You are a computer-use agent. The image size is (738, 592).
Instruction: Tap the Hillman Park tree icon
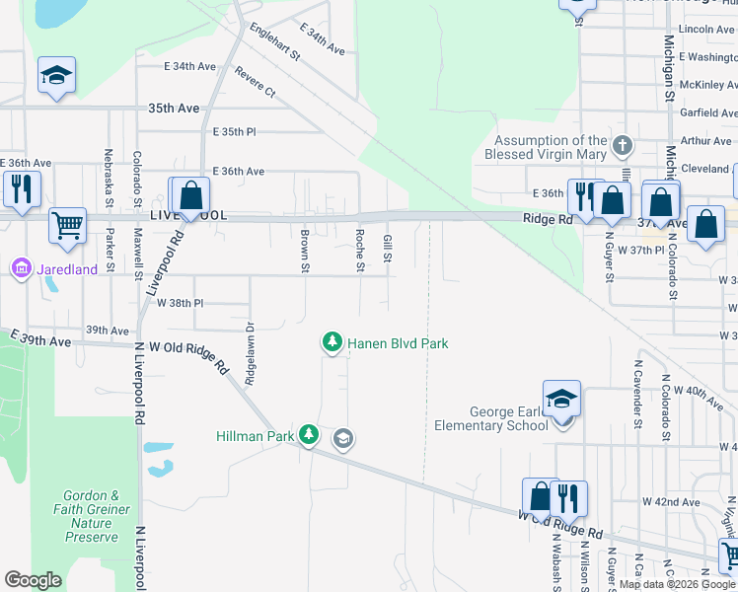[309, 434]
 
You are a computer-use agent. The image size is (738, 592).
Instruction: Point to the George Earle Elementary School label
[491, 418]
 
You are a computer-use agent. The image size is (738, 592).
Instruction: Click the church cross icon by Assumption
[622, 147]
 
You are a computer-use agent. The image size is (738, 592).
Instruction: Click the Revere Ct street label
[256, 81]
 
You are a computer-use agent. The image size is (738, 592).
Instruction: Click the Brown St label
[305, 251]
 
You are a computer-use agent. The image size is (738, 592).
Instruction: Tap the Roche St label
[360, 251]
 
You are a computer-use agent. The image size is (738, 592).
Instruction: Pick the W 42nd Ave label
[671, 501]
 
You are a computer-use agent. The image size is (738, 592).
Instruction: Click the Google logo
[33, 580]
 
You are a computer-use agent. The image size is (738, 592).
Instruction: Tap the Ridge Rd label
[548, 219]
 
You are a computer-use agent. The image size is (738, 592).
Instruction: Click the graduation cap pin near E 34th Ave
[57, 76]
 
